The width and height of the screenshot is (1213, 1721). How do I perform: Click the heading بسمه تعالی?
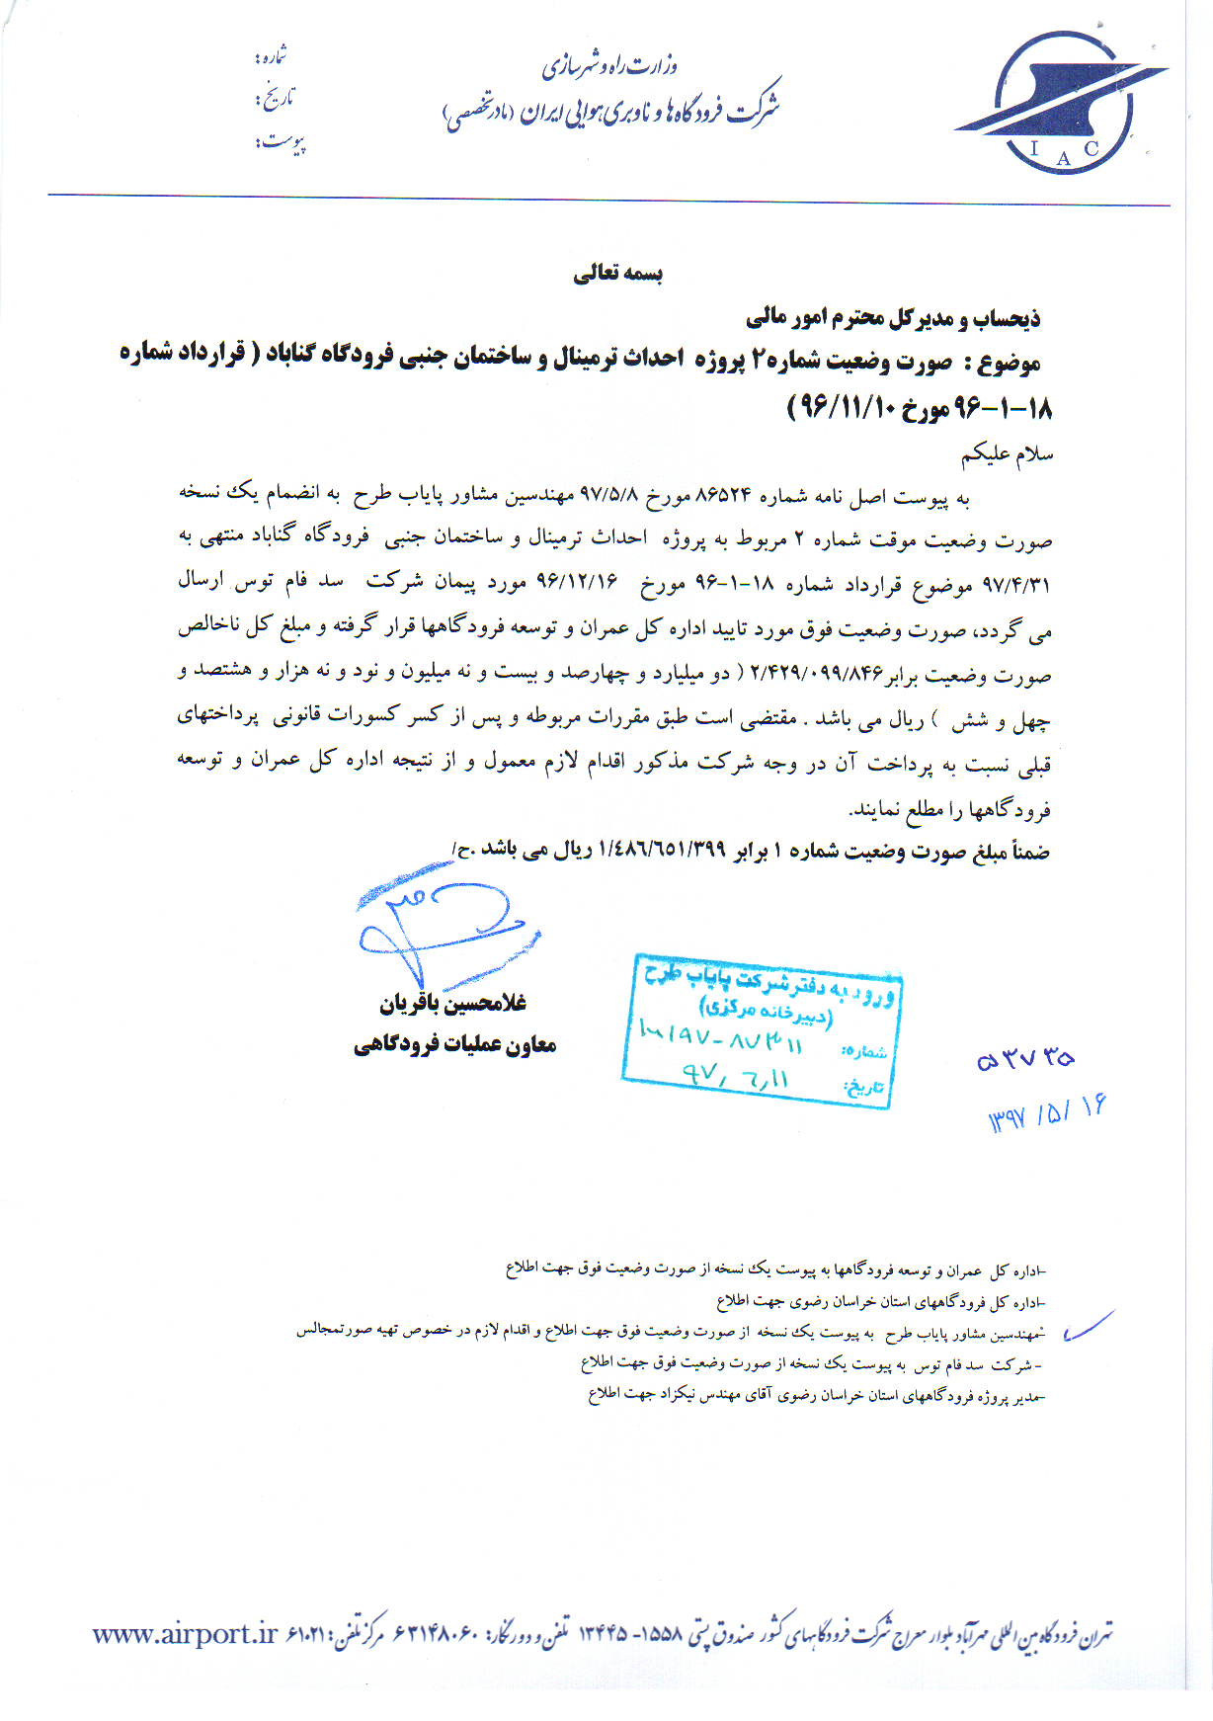coord(618,274)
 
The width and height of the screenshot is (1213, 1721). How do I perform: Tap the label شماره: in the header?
coord(271,57)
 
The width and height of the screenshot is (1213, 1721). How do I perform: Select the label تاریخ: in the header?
coord(275,99)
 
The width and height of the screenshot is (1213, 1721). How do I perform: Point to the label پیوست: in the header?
coord(281,143)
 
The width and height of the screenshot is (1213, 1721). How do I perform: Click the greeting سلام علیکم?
coord(1007,454)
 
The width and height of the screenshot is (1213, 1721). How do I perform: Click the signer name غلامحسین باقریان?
coord(453,1004)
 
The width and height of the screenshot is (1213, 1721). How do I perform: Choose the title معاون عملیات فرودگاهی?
coord(455,1044)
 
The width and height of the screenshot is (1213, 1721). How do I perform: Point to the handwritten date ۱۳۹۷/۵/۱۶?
coord(1047,1114)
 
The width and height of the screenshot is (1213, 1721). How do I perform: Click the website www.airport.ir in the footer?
coord(185,1635)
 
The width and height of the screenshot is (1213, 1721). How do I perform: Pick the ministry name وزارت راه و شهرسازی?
coord(609,67)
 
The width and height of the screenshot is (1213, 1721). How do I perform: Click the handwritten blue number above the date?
coord(1025,1059)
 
